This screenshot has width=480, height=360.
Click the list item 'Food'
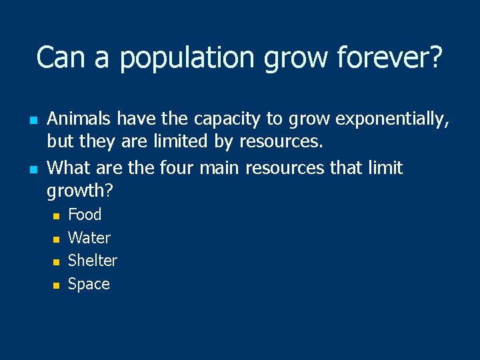pyautogui.click(x=85, y=215)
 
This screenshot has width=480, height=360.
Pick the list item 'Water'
pyautogui.click(x=89, y=238)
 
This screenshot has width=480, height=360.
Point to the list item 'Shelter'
pyautogui.click(x=93, y=261)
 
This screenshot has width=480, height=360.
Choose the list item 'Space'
pyautogui.click(x=89, y=284)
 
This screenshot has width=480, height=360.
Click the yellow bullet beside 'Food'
pyautogui.click(x=57, y=215)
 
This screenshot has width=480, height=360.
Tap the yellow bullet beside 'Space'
pyautogui.click(x=57, y=285)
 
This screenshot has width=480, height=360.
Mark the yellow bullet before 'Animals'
pyautogui.click(x=32, y=119)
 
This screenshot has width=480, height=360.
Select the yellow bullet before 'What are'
pyautogui.click(x=32, y=168)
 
